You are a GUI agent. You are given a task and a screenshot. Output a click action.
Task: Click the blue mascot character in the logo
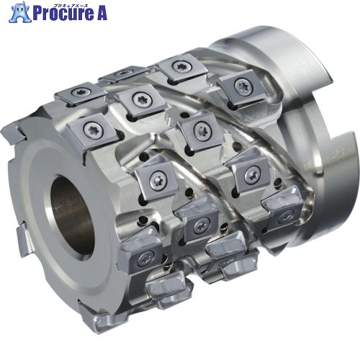click(x=20, y=12)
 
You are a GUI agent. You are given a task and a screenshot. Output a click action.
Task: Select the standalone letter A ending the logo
click(x=101, y=13)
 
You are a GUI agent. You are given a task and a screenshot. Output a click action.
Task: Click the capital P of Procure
click(x=37, y=13)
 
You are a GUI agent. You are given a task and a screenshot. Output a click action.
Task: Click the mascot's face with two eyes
click(x=20, y=9)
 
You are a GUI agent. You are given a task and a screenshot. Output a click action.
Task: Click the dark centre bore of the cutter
click(x=73, y=217)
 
